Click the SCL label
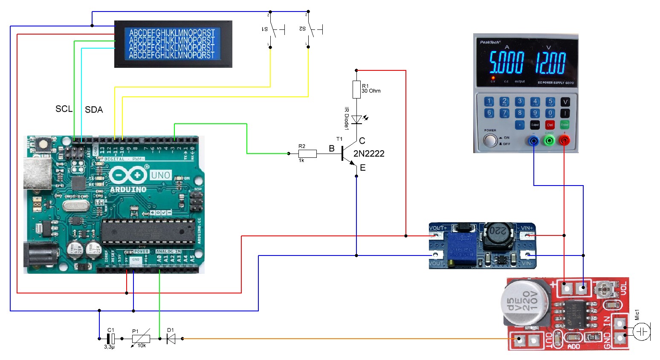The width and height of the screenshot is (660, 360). pyautogui.click(x=64, y=109)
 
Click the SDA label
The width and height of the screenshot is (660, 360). pyautogui.click(x=94, y=110)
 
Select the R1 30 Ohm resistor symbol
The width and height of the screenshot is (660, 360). pyautogui.click(x=356, y=90)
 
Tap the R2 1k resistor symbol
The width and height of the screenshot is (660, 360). pyautogui.click(x=307, y=154)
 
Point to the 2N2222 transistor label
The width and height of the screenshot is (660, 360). pyautogui.click(x=369, y=154)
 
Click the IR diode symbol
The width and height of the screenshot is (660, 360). pyautogui.click(x=356, y=120)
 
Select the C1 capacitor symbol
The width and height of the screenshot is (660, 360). pyautogui.click(x=110, y=339)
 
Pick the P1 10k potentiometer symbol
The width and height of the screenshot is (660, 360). pyautogui.click(x=141, y=339)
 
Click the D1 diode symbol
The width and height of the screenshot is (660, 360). pyautogui.click(x=171, y=339)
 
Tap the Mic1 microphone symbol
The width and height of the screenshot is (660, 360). pyautogui.click(x=641, y=331)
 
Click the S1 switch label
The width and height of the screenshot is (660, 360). pyautogui.click(x=265, y=29)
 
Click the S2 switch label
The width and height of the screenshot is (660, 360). pyautogui.click(x=302, y=29)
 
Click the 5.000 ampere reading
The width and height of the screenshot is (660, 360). pyautogui.click(x=506, y=63)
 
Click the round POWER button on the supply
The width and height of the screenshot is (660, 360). pyautogui.click(x=490, y=140)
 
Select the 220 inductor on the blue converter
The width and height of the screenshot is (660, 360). pyautogui.click(x=498, y=232)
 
